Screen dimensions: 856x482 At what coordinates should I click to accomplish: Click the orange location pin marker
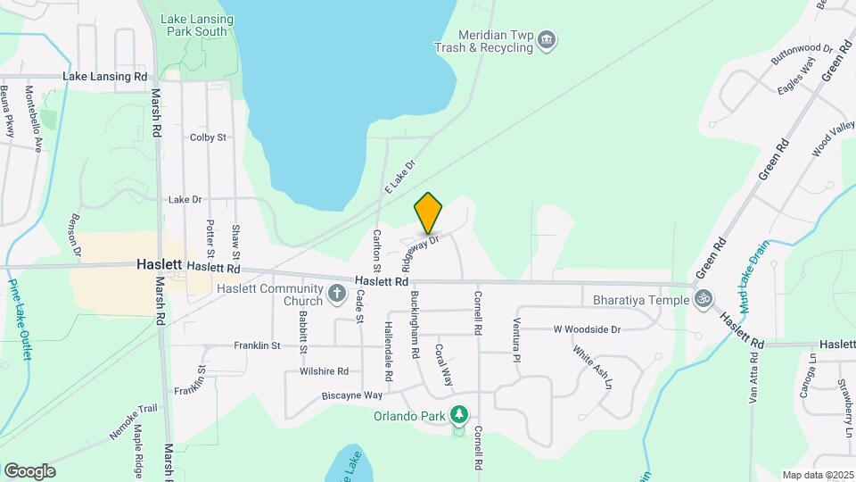[429, 213]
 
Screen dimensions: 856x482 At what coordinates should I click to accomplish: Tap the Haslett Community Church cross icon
[337, 292]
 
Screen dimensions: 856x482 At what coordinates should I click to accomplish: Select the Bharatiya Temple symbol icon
[704, 298]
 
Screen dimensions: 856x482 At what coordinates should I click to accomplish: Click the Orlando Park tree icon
[459, 414]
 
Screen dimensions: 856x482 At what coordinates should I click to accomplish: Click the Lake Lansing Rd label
[105, 77]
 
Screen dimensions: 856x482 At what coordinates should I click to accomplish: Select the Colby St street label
[208, 137]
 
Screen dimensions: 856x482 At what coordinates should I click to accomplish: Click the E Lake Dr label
[401, 178]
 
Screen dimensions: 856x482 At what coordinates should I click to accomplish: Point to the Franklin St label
[258, 345]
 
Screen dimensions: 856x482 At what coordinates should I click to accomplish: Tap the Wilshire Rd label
[324, 371]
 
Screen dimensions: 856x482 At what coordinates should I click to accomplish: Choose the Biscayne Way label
[353, 395]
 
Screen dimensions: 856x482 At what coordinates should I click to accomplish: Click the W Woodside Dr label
[586, 329]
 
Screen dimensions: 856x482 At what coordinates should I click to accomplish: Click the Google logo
[29, 471]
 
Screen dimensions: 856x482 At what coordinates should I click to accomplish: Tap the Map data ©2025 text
[817, 475]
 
